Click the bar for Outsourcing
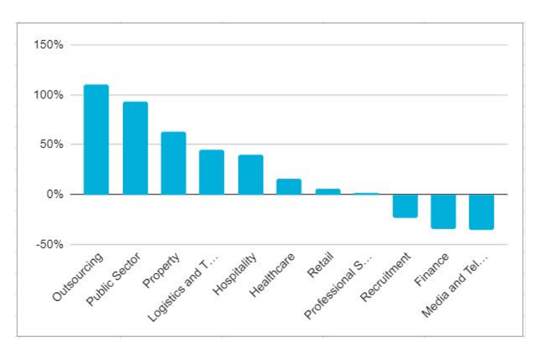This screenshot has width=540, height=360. tap(96, 139)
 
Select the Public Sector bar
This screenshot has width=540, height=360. tap(135, 148)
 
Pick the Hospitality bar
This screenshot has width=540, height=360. tap(250, 174)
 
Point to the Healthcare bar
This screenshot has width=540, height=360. tap(289, 187)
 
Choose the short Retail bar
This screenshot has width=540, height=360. tap(327, 191)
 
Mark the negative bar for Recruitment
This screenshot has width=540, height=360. tap(405, 206)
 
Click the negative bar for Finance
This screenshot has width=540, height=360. tap(443, 211)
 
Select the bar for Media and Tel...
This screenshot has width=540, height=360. tap(482, 212)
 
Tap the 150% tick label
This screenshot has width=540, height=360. tap(49, 45)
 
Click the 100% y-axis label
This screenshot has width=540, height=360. tap(49, 95)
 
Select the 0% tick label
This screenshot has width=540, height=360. tap(54, 194)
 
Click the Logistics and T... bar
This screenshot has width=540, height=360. tap(212, 172)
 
